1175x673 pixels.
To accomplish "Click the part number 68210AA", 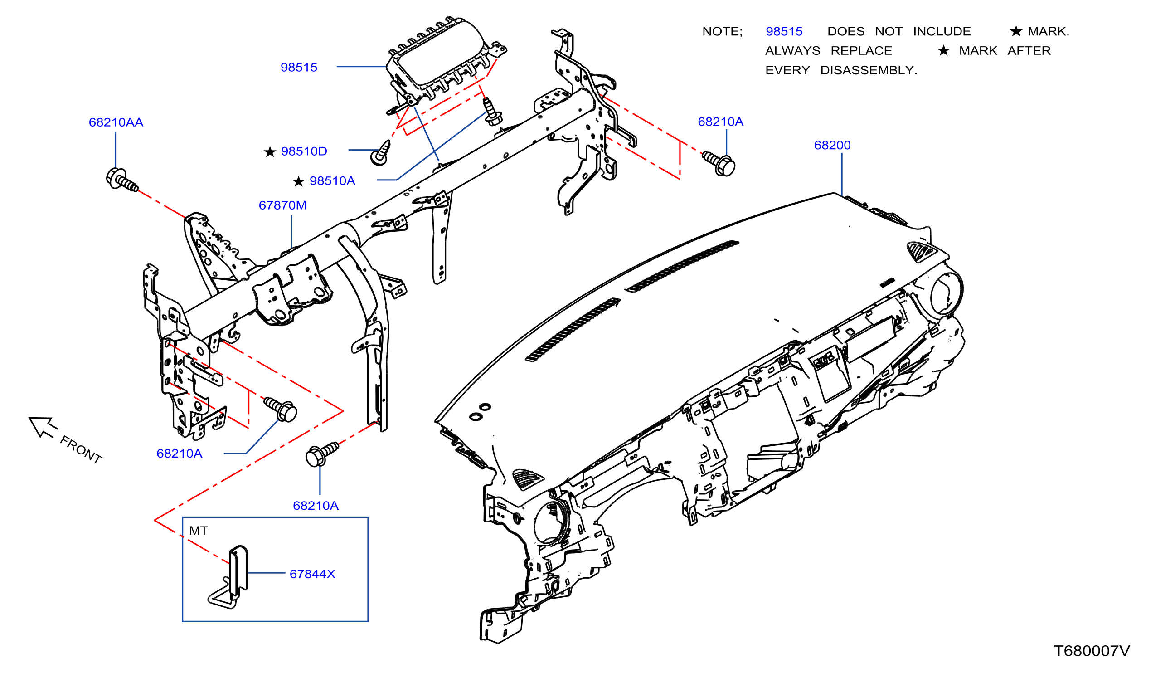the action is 116,122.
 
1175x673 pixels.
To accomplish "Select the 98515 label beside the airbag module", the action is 299,67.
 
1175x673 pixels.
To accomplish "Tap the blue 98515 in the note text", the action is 784,31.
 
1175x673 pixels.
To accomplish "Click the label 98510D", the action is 304,151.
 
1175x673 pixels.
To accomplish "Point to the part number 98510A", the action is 332,181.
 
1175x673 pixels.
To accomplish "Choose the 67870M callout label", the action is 283,205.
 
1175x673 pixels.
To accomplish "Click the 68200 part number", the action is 832,145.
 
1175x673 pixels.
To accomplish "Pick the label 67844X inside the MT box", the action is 312,574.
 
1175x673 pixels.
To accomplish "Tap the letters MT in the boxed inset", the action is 199,531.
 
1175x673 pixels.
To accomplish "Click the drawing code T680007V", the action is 1092,651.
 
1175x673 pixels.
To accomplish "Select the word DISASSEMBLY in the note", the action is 869,70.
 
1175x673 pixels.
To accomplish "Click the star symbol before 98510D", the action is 270,151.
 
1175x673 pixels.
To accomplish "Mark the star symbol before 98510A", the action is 298,181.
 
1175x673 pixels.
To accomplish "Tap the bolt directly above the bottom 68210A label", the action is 321,454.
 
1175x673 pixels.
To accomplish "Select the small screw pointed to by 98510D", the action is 381,153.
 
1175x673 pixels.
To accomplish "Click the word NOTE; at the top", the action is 722,31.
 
